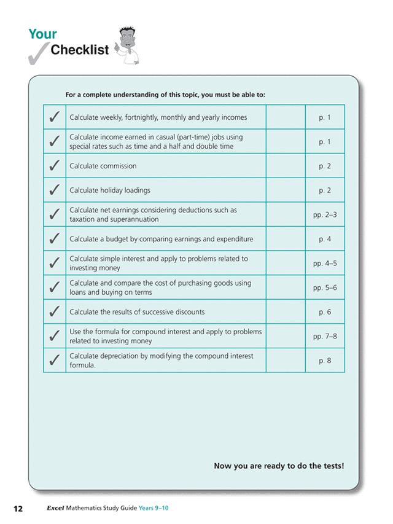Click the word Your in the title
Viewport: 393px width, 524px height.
pos(42,34)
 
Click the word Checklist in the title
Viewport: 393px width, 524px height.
pos(80,50)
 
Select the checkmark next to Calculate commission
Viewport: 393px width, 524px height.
pos(54,166)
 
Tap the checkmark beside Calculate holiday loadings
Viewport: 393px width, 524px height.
pos(54,190)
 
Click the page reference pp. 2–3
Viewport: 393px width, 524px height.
pos(325,214)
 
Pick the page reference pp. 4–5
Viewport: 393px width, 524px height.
pos(325,263)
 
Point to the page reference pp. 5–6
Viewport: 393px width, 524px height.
pos(325,287)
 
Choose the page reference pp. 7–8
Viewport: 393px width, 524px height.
pos(325,336)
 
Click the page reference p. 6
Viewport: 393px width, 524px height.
pos(325,312)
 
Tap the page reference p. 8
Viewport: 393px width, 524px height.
pos(325,361)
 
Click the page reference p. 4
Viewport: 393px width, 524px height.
pos(325,239)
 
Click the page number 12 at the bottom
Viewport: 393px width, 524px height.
pos(18,509)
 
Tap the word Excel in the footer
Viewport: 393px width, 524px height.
pos(56,509)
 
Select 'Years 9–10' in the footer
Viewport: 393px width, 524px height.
pos(154,509)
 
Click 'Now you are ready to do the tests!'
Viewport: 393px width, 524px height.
pos(279,466)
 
